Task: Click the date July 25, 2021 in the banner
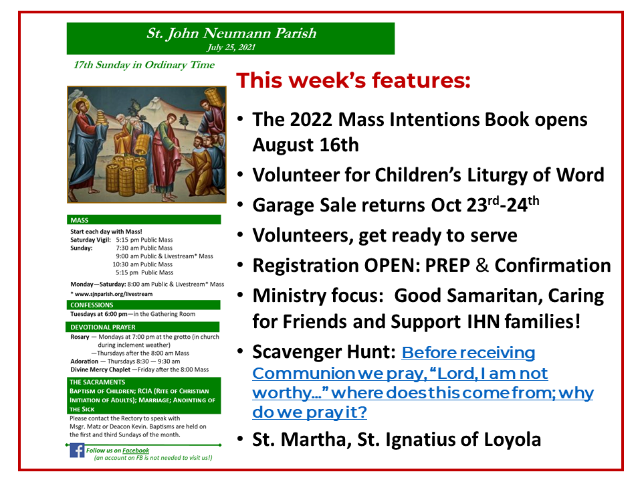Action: tap(231, 48)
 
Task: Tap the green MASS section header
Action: tap(80, 220)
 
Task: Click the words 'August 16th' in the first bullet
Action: tap(306, 144)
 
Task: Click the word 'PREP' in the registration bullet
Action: tap(453, 265)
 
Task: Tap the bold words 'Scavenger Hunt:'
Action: tap(323, 352)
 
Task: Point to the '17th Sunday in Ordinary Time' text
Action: tap(144, 65)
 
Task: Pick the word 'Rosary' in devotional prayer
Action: tap(80, 337)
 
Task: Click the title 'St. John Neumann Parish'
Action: tap(231, 33)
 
